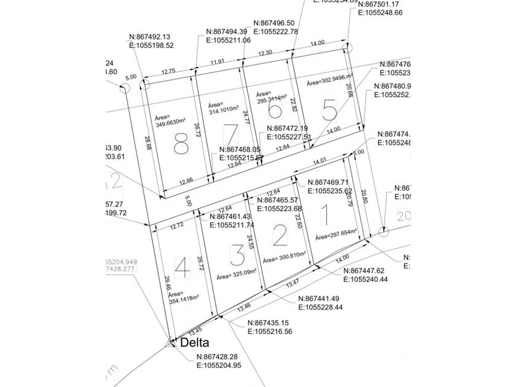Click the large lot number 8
[181, 146]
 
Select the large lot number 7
[231, 134]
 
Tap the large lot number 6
[275, 111]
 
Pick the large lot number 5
[329, 110]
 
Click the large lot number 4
[181, 267]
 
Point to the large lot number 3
[237, 254]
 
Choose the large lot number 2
[279, 234]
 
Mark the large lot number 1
[326, 215]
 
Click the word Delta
[195, 343]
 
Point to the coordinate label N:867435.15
[273, 323]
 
